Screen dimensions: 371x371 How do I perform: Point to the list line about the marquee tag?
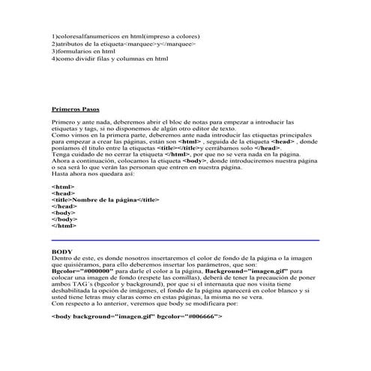tap(124, 43)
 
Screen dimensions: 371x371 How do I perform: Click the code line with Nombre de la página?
tap(106, 200)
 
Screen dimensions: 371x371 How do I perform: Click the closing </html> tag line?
tap(64, 224)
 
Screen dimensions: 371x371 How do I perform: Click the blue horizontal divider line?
tap(185, 240)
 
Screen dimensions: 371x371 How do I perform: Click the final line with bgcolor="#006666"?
tap(137, 316)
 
